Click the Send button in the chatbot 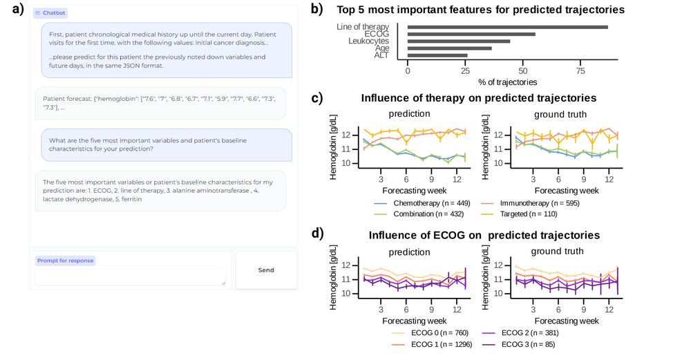[266, 270]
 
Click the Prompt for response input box [131, 276]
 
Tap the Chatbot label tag [50, 13]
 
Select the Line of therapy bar [507, 27]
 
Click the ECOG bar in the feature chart [471, 34]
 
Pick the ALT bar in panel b [437, 55]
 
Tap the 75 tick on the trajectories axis [580, 71]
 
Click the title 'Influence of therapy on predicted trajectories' [478, 98]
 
